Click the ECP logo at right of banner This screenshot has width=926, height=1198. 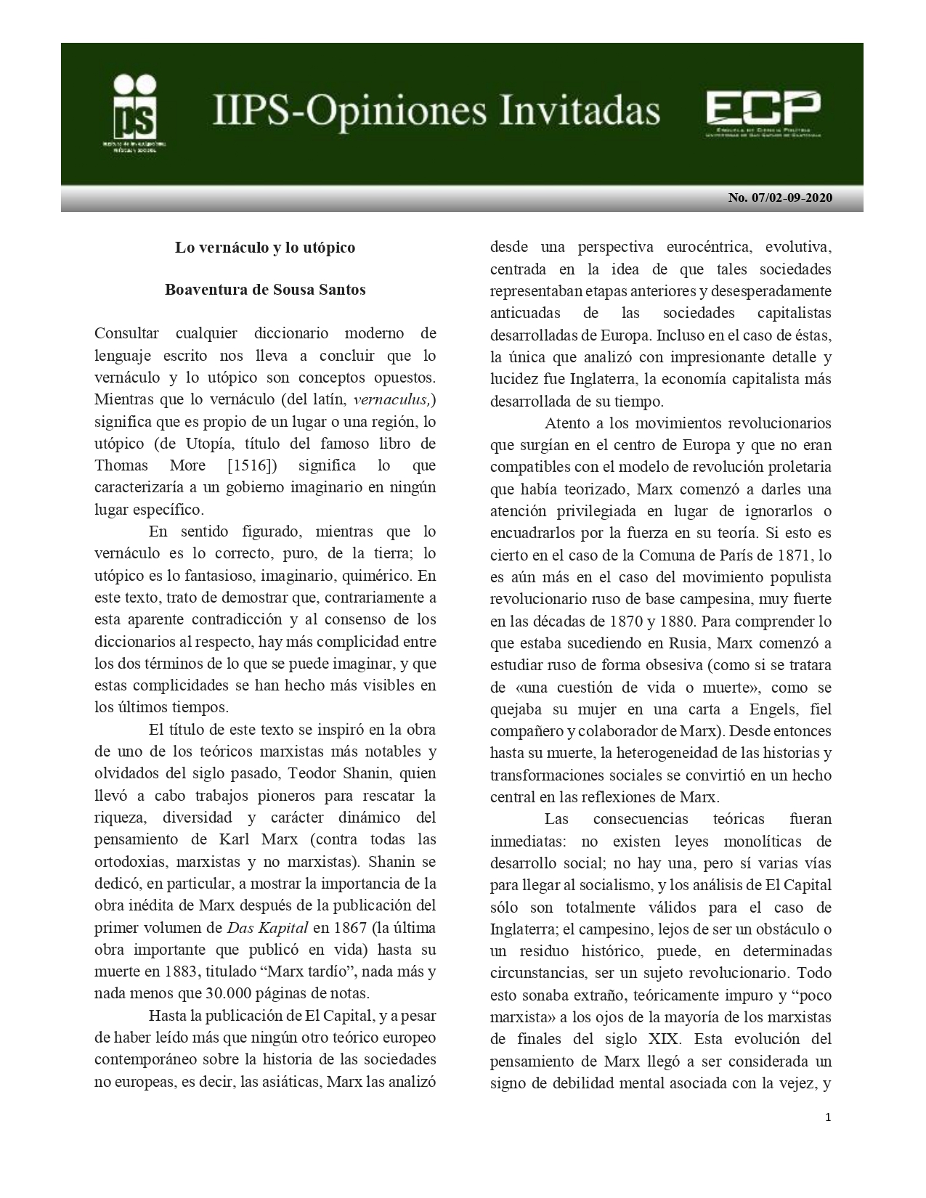coord(763,112)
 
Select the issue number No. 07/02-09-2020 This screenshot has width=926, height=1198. coord(780,198)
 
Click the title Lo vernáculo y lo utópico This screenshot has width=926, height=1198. coord(265,248)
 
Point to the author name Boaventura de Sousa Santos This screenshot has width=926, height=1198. coord(265,290)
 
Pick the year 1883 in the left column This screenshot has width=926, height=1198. coord(168,971)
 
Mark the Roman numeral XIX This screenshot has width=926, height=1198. coord(694,1039)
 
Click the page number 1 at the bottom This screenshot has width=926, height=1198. coord(828,1117)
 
